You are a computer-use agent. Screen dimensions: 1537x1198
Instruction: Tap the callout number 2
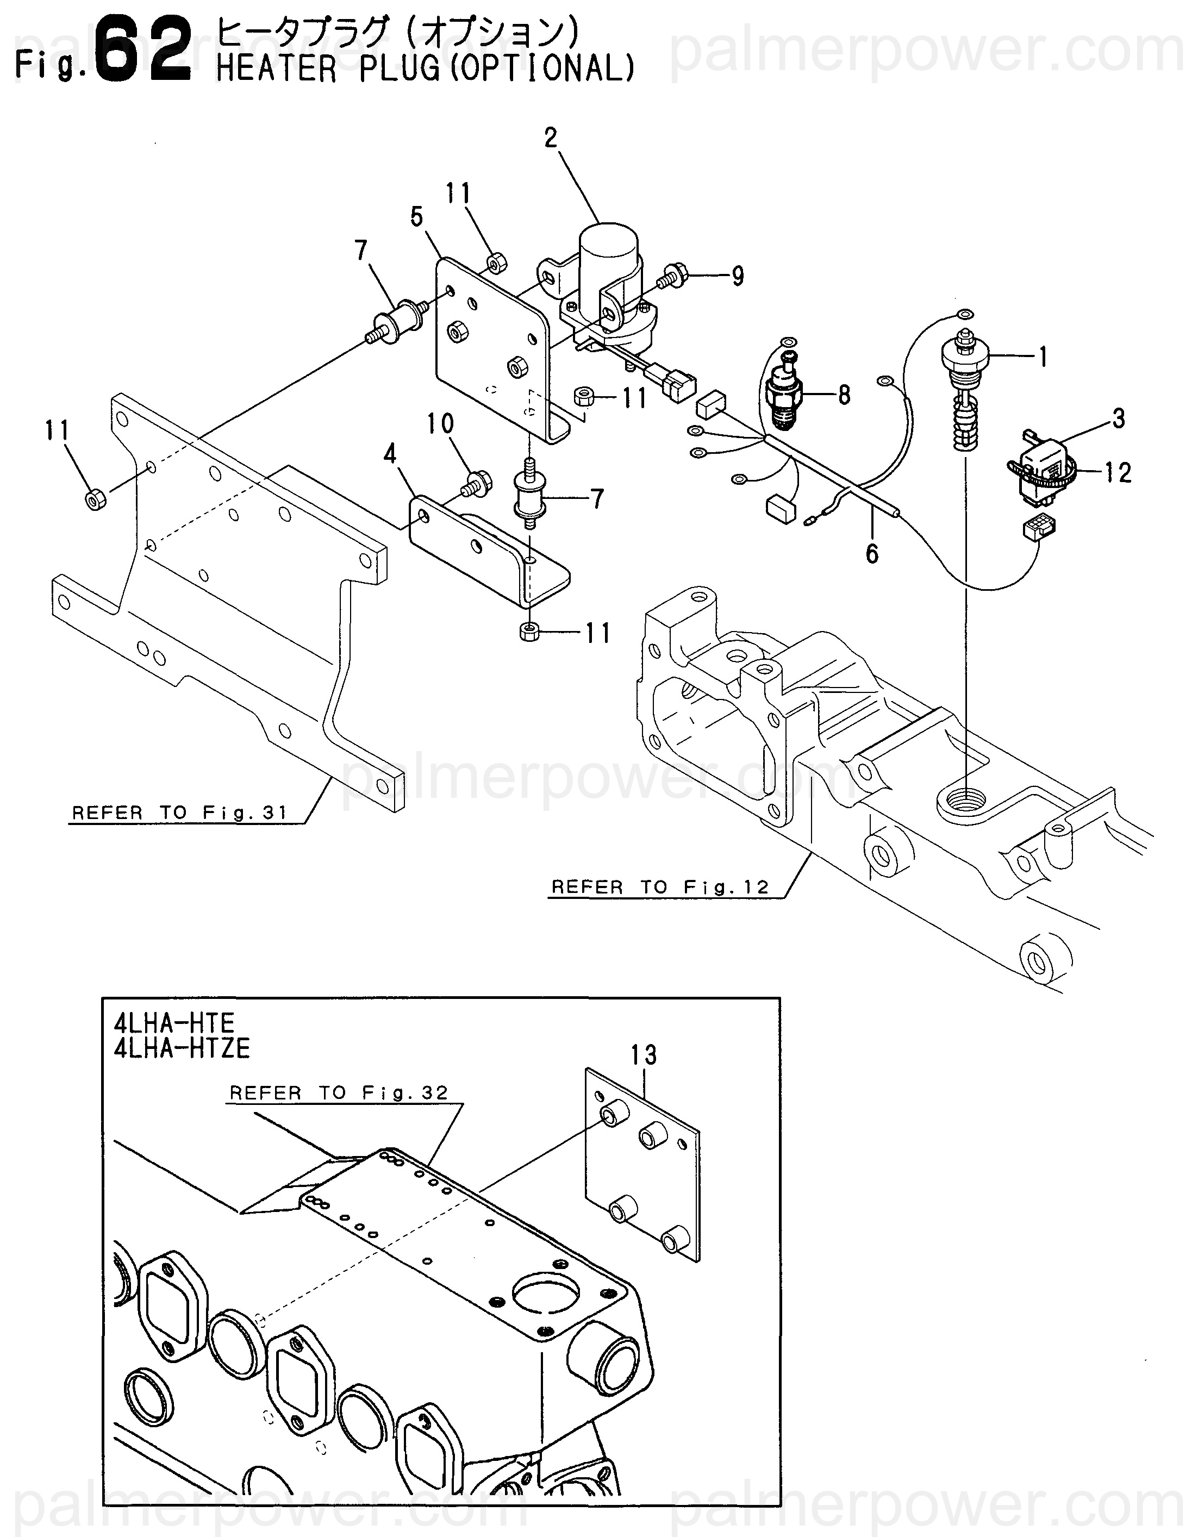coord(551,138)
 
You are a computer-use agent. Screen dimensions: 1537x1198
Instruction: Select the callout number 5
coord(417,217)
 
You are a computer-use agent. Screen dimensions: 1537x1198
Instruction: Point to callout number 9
coord(737,276)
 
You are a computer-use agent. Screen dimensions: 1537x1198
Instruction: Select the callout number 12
coord(1117,472)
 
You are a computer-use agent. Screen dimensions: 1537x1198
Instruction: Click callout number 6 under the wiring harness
coord(871,554)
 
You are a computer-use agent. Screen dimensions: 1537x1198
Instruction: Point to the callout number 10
coord(440,424)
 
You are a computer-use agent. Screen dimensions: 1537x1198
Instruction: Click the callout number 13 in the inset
coord(644,1055)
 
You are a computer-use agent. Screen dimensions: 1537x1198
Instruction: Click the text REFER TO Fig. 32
coord(339,1093)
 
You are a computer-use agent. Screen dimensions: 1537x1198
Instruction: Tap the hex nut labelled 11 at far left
coord(95,499)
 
